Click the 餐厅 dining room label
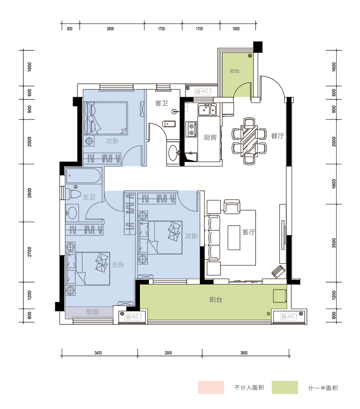pos(277,136)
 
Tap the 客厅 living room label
pos(248,232)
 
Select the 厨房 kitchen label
pos(210,137)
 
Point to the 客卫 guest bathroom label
pos(162,103)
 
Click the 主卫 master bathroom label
pos(89,197)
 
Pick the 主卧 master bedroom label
pos(118,265)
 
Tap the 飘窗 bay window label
pos(92,312)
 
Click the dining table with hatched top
pos(249,141)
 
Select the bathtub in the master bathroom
pos(83,176)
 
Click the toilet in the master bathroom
pos(74,194)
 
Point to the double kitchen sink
pos(207,109)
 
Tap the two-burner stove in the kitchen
pos(192,130)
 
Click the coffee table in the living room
pos(234,238)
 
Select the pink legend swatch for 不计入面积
pos(211,387)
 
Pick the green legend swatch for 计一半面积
pos(284,387)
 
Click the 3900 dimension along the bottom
pos(244,353)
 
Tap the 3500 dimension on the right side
pos(334,243)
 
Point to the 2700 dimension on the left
pos(30,252)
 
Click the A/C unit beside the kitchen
pos(202,91)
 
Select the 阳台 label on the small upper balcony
pos(234,71)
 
